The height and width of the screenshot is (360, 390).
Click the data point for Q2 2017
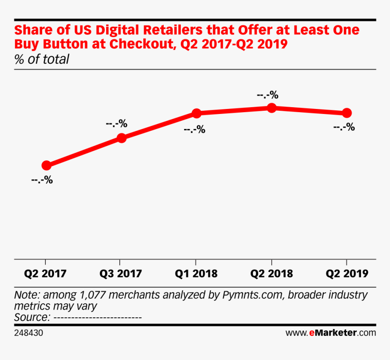46,165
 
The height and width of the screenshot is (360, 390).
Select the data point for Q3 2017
121,138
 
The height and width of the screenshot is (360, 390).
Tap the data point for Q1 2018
196,113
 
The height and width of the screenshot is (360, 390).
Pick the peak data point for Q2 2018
271,108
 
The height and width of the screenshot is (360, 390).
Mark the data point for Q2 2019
346,113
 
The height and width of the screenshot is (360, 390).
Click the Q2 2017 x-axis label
45,274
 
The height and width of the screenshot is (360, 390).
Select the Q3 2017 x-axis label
120,274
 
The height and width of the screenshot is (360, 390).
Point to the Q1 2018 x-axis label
195,274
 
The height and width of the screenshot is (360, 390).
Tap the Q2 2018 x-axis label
271,274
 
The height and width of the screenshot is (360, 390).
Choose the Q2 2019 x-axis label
346,274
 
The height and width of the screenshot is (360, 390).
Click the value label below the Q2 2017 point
42,180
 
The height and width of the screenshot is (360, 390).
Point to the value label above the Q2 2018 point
268,95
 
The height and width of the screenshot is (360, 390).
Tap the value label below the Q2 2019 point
344,128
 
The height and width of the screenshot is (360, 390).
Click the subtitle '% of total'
42,59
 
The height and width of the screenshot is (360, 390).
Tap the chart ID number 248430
29,333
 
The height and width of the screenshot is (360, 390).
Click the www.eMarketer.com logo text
331,333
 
